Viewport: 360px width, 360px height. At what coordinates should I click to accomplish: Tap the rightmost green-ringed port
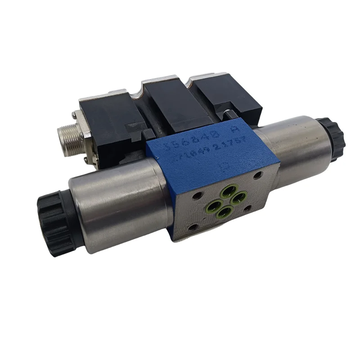(x=240, y=196)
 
